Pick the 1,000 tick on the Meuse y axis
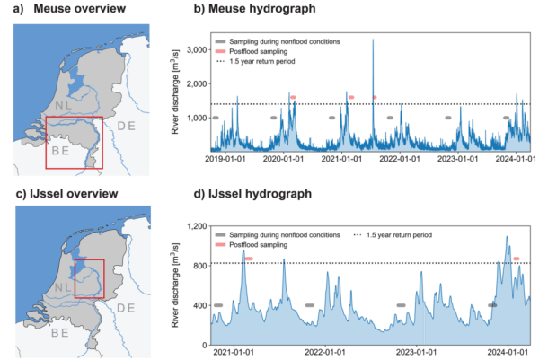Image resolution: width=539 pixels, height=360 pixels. coord(196,118)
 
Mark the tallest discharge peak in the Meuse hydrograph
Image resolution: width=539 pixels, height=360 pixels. coord(373,40)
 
